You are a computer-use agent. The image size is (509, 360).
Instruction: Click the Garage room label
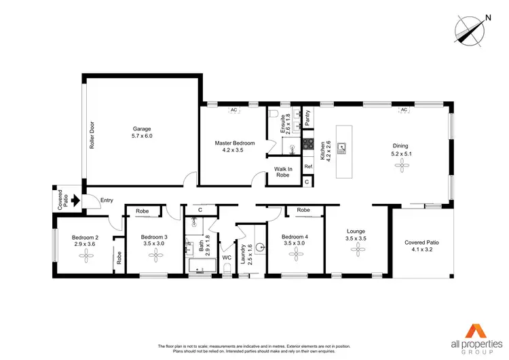142,128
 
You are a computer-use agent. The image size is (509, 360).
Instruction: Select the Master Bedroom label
234,143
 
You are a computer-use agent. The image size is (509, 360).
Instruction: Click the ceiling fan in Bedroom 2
86,255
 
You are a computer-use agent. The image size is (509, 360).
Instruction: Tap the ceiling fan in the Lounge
358,251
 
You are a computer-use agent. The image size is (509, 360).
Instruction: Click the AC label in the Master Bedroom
233,109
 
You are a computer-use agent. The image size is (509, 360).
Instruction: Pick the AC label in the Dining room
403,109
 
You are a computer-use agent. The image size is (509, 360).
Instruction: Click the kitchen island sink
344,146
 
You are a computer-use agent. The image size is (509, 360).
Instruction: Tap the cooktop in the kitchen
307,144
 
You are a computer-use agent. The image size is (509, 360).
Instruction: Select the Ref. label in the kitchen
308,166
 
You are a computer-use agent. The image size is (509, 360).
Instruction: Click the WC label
227,257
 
